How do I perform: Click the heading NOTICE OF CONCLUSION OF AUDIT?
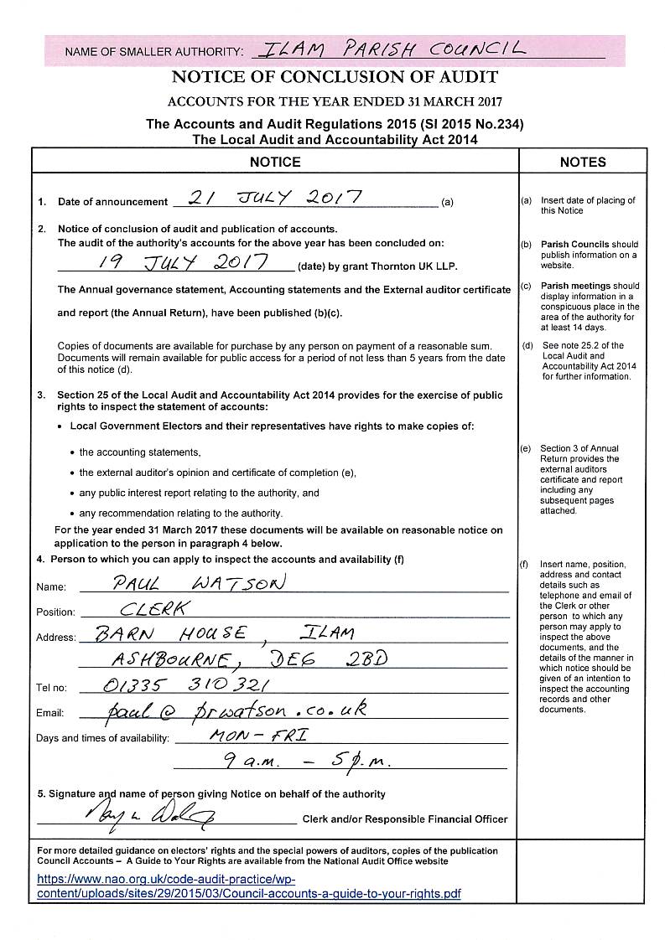click(335, 77)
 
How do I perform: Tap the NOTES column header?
click(583, 162)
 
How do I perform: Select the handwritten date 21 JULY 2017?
click(276, 199)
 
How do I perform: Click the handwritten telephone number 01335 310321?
click(184, 685)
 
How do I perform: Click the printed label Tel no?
click(50, 689)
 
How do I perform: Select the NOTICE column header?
click(275, 162)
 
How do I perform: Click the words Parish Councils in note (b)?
click(574, 245)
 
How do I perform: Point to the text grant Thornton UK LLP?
click(408, 266)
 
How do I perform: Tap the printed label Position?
click(55, 612)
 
